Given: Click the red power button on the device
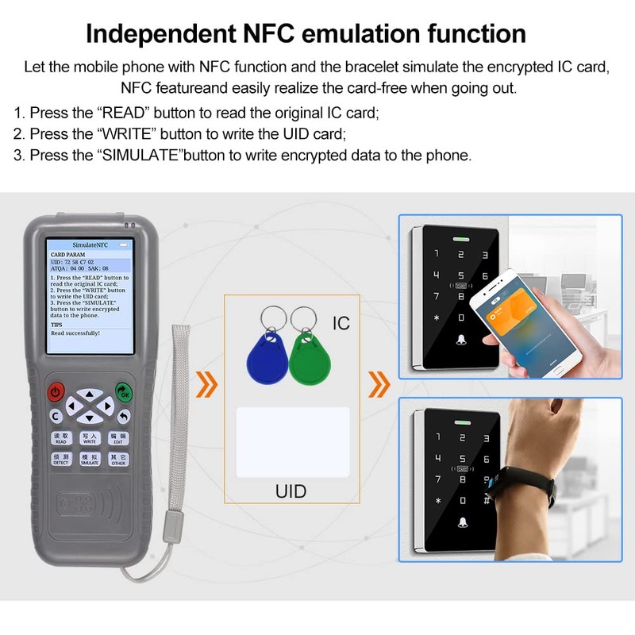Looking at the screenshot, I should coord(56,391).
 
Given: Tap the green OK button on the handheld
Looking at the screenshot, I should coord(124,391).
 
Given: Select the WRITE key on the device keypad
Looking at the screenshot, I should coord(90,437).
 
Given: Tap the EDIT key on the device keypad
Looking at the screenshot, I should coord(118,437).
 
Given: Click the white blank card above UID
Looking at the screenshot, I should coord(293,442).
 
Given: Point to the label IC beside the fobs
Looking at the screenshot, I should coord(341,323).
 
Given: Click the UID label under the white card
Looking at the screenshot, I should coord(291,491).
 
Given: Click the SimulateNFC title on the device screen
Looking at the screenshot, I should coord(90,247).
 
